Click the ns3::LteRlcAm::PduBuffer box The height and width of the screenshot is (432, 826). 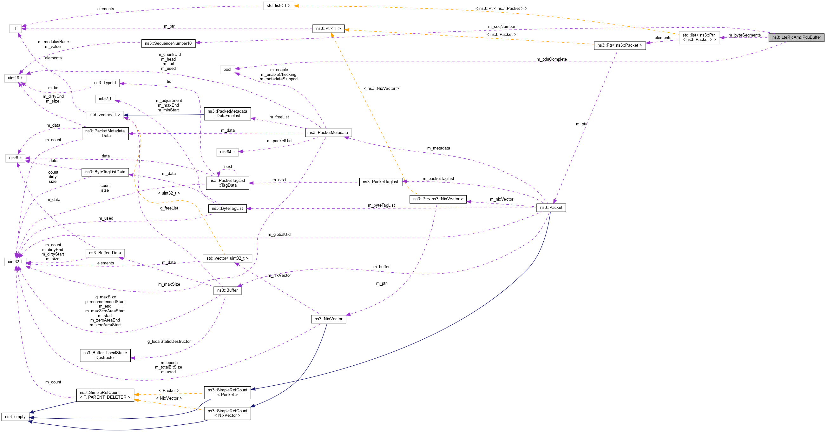click(796, 37)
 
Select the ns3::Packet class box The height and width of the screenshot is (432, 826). click(551, 208)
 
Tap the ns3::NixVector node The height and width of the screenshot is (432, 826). click(328, 319)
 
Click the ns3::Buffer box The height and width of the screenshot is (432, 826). click(227, 290)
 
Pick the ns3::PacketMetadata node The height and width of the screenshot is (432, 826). click(328, 133)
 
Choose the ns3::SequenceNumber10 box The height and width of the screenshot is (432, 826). click(168, 43)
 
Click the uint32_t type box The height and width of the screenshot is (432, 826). click(15, 262)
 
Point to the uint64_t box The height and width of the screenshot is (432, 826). click(227, 152)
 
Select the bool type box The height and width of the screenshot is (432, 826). click(227, 69)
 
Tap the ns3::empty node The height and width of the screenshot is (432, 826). click(15, 417)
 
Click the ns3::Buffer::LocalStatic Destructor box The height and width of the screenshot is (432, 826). click(105, 355)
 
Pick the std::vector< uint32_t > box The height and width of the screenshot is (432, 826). click(227, 258)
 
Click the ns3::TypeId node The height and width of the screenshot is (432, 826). click(105, 83)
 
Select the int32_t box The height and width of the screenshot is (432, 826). click(105, 98)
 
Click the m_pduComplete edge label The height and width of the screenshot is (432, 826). click(552, 59)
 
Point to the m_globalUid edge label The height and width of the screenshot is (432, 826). click(279, 235)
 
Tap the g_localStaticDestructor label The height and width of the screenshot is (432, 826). click(169, 342)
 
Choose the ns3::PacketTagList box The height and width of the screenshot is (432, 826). click(380, 182)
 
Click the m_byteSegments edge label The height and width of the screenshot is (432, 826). click(744, 35)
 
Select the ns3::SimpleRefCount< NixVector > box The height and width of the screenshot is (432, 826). click(227, 413)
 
